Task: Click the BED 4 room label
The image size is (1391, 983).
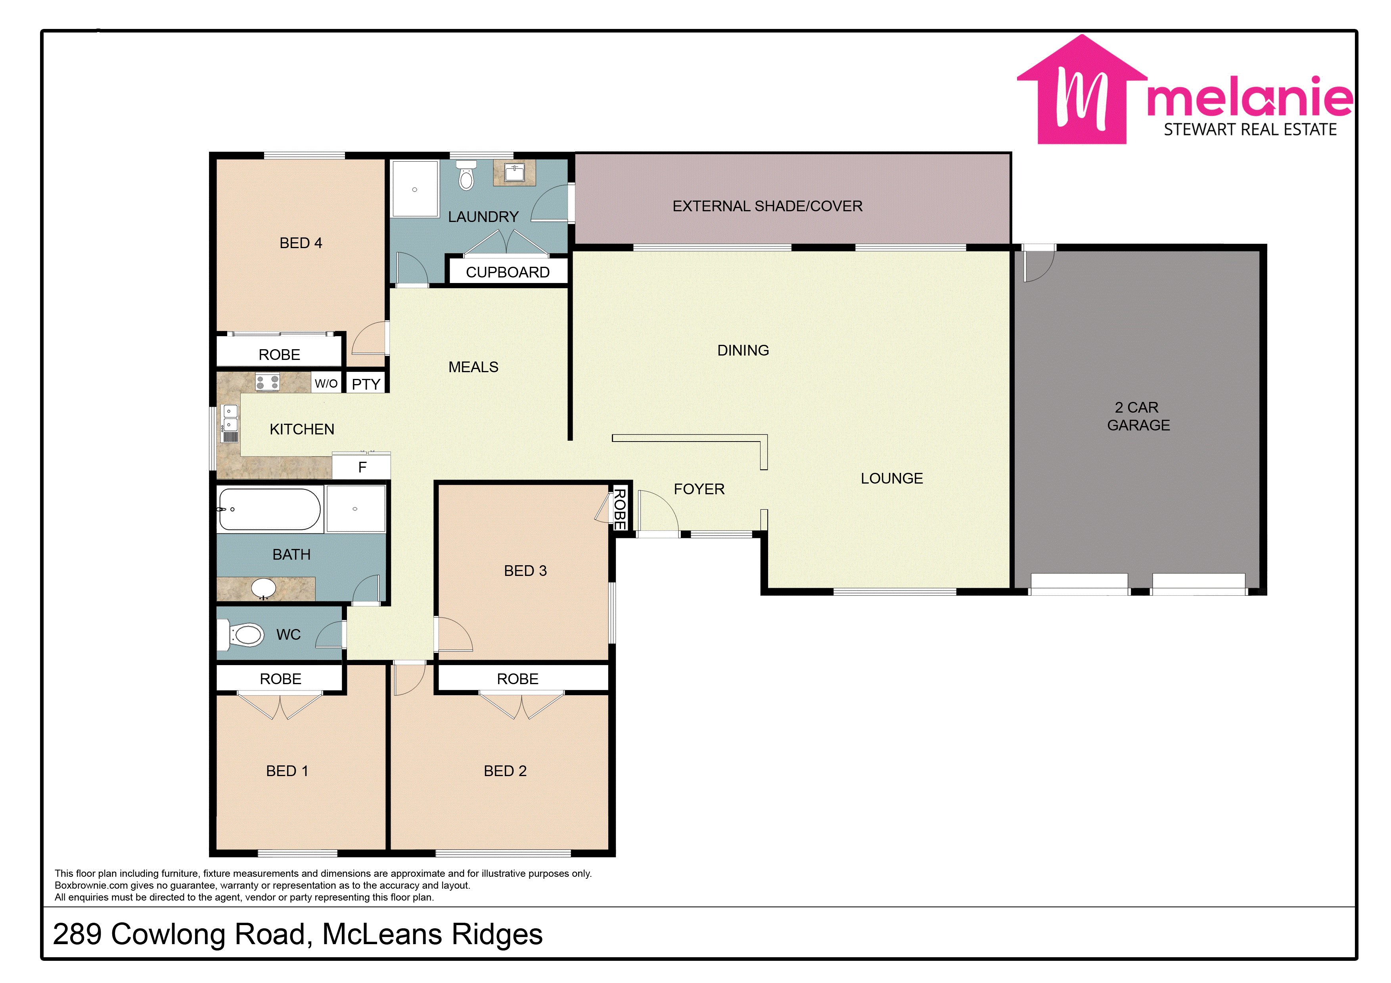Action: coord(301,243)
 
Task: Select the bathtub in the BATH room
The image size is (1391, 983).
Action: coord(269,509)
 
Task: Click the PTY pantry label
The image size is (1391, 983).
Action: coord(366,384)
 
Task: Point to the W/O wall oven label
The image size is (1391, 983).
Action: coord(326,383)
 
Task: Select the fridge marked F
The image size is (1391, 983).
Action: coord(362,467)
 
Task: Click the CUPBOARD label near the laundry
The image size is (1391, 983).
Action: coord(508,273)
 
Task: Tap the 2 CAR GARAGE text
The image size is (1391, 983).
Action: coord(1138,416)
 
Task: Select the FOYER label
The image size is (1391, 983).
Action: coord(699,489)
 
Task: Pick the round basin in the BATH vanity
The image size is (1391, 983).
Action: coord(264,587)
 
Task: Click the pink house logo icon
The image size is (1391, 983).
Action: coord(1081,90)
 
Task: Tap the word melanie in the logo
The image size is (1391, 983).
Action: coord(1249,96)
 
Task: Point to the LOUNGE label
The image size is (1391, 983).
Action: coord(892,478)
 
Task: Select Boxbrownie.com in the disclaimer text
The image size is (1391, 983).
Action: coord(91,885)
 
